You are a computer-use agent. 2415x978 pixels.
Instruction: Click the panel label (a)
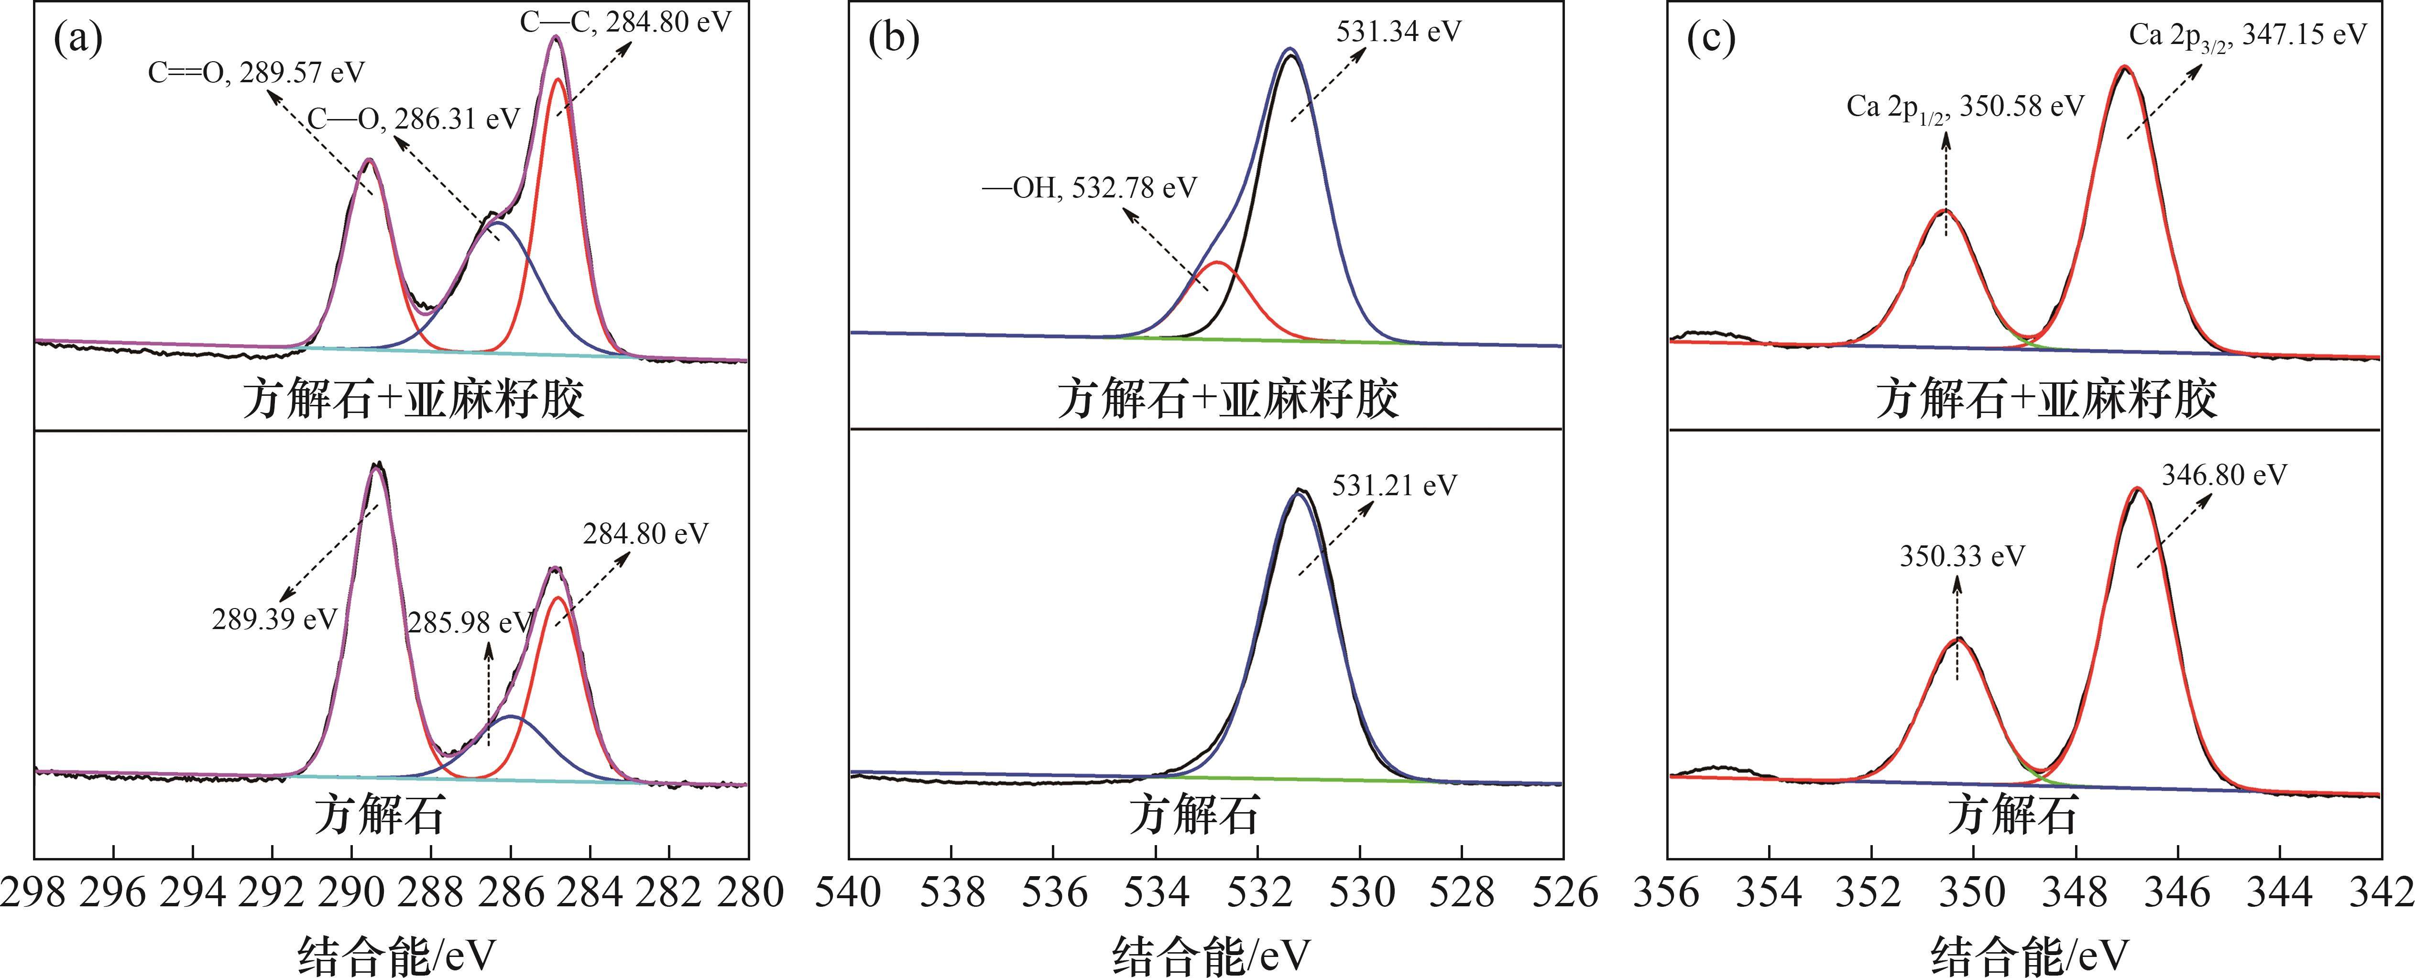click(x=78, y=39)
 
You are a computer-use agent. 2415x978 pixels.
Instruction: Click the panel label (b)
click(x=894, y=39)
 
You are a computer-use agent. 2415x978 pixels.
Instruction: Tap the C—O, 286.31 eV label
click(x=414, y=119)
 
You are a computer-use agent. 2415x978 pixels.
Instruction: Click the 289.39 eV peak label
click(x=274, y=619)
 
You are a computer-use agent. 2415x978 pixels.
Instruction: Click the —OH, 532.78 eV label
click(x=1089, y=188)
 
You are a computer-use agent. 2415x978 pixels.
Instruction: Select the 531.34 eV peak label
click(x=1398, y=31)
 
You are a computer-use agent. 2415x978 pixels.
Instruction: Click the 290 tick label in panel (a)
click(x=351, y=892)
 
